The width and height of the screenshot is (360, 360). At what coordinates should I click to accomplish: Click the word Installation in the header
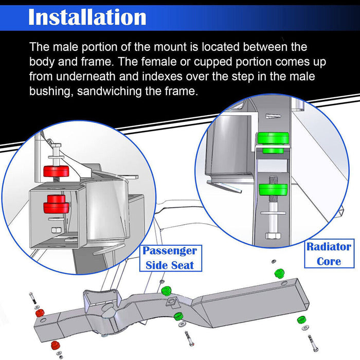click(x=87, y=17)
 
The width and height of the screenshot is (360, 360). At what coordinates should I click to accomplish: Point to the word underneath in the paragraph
click(x=86, y=77)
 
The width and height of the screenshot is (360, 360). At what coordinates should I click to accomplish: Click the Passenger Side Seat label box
click(x=170, y=258)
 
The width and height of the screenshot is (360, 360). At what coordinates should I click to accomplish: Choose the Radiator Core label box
click(x=329, y=254)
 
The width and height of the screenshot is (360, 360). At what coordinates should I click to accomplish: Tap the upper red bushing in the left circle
click(x=56, y=171)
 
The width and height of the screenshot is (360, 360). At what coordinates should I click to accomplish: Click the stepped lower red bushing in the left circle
click(x=56, y=204)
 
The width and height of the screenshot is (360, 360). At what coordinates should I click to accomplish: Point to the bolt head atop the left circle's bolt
click(x=56, y=146)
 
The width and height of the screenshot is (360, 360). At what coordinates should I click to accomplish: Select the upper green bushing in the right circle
click(x=273, y=142)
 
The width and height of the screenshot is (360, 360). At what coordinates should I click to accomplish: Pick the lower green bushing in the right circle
click(x=273, y=190)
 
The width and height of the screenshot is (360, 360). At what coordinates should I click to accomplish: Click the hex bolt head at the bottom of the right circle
click(x=273, y=236)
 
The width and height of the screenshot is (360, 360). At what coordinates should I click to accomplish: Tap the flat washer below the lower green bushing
click(x=273, y=213)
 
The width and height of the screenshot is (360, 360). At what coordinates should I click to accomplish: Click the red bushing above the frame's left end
click(x=40, y=313)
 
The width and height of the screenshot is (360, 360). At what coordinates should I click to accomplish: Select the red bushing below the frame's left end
click(x=55, y=345)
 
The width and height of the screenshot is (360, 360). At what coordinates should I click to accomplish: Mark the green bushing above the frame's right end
click(x=279, y=273)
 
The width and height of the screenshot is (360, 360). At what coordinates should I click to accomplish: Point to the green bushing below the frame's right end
click(x=302, y=319)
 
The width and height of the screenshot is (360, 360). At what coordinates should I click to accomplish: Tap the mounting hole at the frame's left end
click(x=43, y=320)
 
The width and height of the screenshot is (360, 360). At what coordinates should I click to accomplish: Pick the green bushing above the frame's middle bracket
click(x=167, y=291)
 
